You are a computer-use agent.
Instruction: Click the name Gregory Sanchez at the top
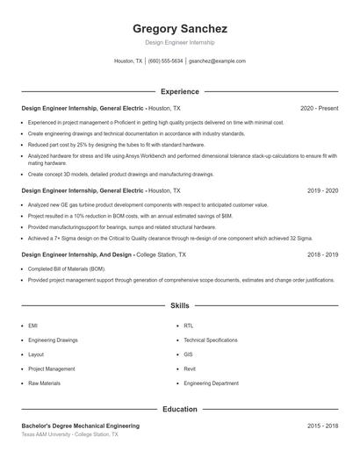pos(179,29)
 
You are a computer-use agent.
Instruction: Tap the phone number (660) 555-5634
pos(166,61)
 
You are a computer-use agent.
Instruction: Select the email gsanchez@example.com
pos(218,61)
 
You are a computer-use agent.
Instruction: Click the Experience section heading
pos(179,91)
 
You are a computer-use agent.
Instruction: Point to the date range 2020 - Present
pos(319,109)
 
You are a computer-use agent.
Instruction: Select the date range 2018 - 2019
pos(322,254)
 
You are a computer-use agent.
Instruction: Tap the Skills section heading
pos(179,306)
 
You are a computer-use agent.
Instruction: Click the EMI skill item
pos(32,325)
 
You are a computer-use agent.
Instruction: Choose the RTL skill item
pos(189,325)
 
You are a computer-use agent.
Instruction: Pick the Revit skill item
pos(191,369)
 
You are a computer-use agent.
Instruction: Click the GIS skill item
pos(188,354)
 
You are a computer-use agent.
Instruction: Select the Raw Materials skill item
pos(44,383)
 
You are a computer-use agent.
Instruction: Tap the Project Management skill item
pos(52,369)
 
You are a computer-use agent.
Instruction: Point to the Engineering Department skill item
pos(211,383)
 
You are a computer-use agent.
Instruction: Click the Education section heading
pos(179,409)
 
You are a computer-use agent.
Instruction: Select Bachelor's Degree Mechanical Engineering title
pos(80,426)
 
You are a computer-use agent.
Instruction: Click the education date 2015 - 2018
pos(322,426)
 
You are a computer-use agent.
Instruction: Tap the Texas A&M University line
pos(68,434)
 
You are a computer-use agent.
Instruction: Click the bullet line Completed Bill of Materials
pos(67,268)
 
